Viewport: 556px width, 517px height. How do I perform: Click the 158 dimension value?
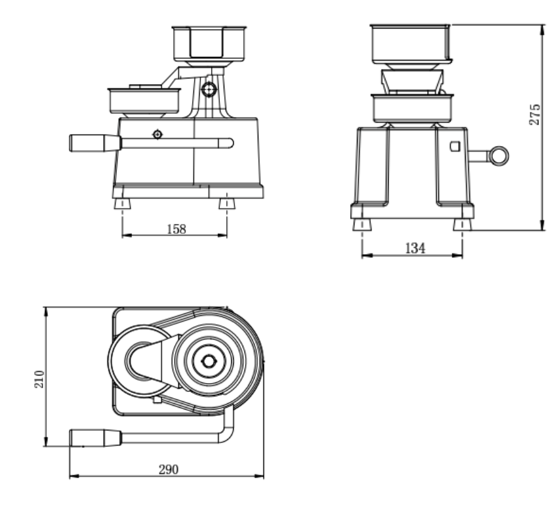tap(176, 229)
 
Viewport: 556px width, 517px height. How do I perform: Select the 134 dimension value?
tap(414, 248)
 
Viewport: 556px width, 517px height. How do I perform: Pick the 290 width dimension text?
tap(168, 469)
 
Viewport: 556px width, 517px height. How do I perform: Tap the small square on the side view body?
tap(454, 147)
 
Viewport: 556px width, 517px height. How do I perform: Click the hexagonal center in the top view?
tap(208, 361)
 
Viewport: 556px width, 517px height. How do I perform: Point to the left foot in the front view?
tap(122, 204)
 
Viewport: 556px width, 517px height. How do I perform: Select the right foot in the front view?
tap(227, 204)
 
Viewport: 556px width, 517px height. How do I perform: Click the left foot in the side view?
tap(361, 225)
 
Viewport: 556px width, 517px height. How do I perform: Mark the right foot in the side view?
tap(462, 225)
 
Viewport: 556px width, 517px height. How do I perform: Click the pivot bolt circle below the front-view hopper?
tap(208, 90)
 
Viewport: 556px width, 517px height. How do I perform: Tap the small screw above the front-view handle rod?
tap(157, 134)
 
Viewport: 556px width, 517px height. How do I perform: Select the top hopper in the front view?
tap(209, 43)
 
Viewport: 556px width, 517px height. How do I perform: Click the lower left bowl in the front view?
tap(143, 101)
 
